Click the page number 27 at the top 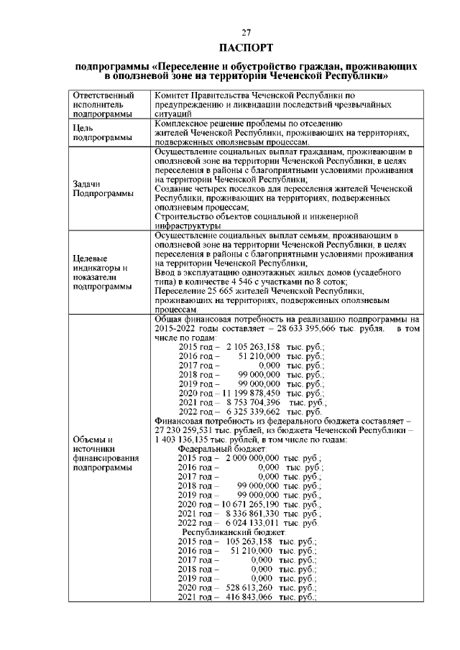click(x=246, y=32)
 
